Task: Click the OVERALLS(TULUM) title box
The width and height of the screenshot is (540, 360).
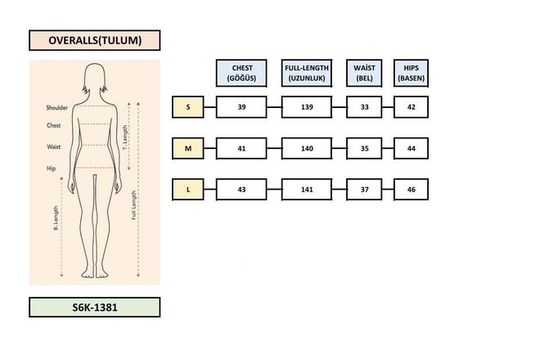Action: pos(94,40)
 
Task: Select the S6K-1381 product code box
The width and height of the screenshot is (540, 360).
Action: pos(94,307)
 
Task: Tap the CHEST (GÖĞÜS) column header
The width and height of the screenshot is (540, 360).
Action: pos(241,73)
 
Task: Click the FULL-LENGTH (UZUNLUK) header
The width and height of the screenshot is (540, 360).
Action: pos(307,73)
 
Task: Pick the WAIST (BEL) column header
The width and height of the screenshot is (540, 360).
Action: pos(364,73)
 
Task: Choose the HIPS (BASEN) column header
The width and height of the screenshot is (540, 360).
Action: pos(411,73)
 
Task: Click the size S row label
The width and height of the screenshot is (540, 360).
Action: pos(187,107)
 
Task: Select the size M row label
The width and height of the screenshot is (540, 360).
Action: pos(187,148)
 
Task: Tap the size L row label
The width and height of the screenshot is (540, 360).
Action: pos(187,189)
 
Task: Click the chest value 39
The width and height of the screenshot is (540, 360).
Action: pos(241,107)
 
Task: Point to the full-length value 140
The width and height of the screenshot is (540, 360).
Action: pos(307,148)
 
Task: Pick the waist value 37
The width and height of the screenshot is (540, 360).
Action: pos(364,189)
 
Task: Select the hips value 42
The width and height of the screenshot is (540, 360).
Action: pos(411,107)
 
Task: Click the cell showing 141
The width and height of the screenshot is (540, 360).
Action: pos(307,189)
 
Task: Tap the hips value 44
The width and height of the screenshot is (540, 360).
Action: pos(411,148)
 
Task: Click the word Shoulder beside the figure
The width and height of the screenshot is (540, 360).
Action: pos(57,107)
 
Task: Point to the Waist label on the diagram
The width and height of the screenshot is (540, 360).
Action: pos(54,146)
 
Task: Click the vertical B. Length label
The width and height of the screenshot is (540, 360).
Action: pos(56,218)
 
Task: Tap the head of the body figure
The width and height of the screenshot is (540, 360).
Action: pos(95,79)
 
